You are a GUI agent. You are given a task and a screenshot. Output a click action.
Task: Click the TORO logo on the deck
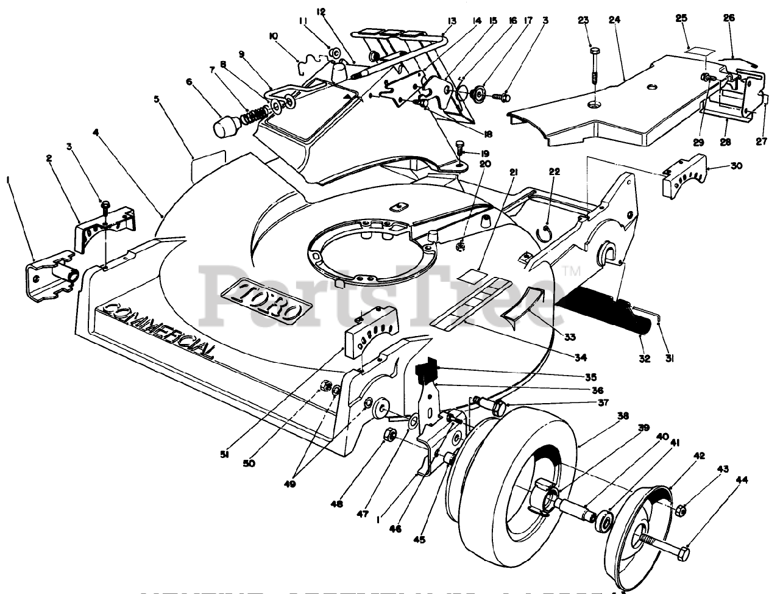(263, 299)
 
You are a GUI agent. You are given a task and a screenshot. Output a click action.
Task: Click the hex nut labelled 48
(392, 435)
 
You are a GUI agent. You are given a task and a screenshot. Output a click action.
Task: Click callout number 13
(452, 20)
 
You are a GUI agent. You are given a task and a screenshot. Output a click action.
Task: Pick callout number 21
(514, 173)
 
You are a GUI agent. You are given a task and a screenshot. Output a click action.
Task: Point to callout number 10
(273, 37)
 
